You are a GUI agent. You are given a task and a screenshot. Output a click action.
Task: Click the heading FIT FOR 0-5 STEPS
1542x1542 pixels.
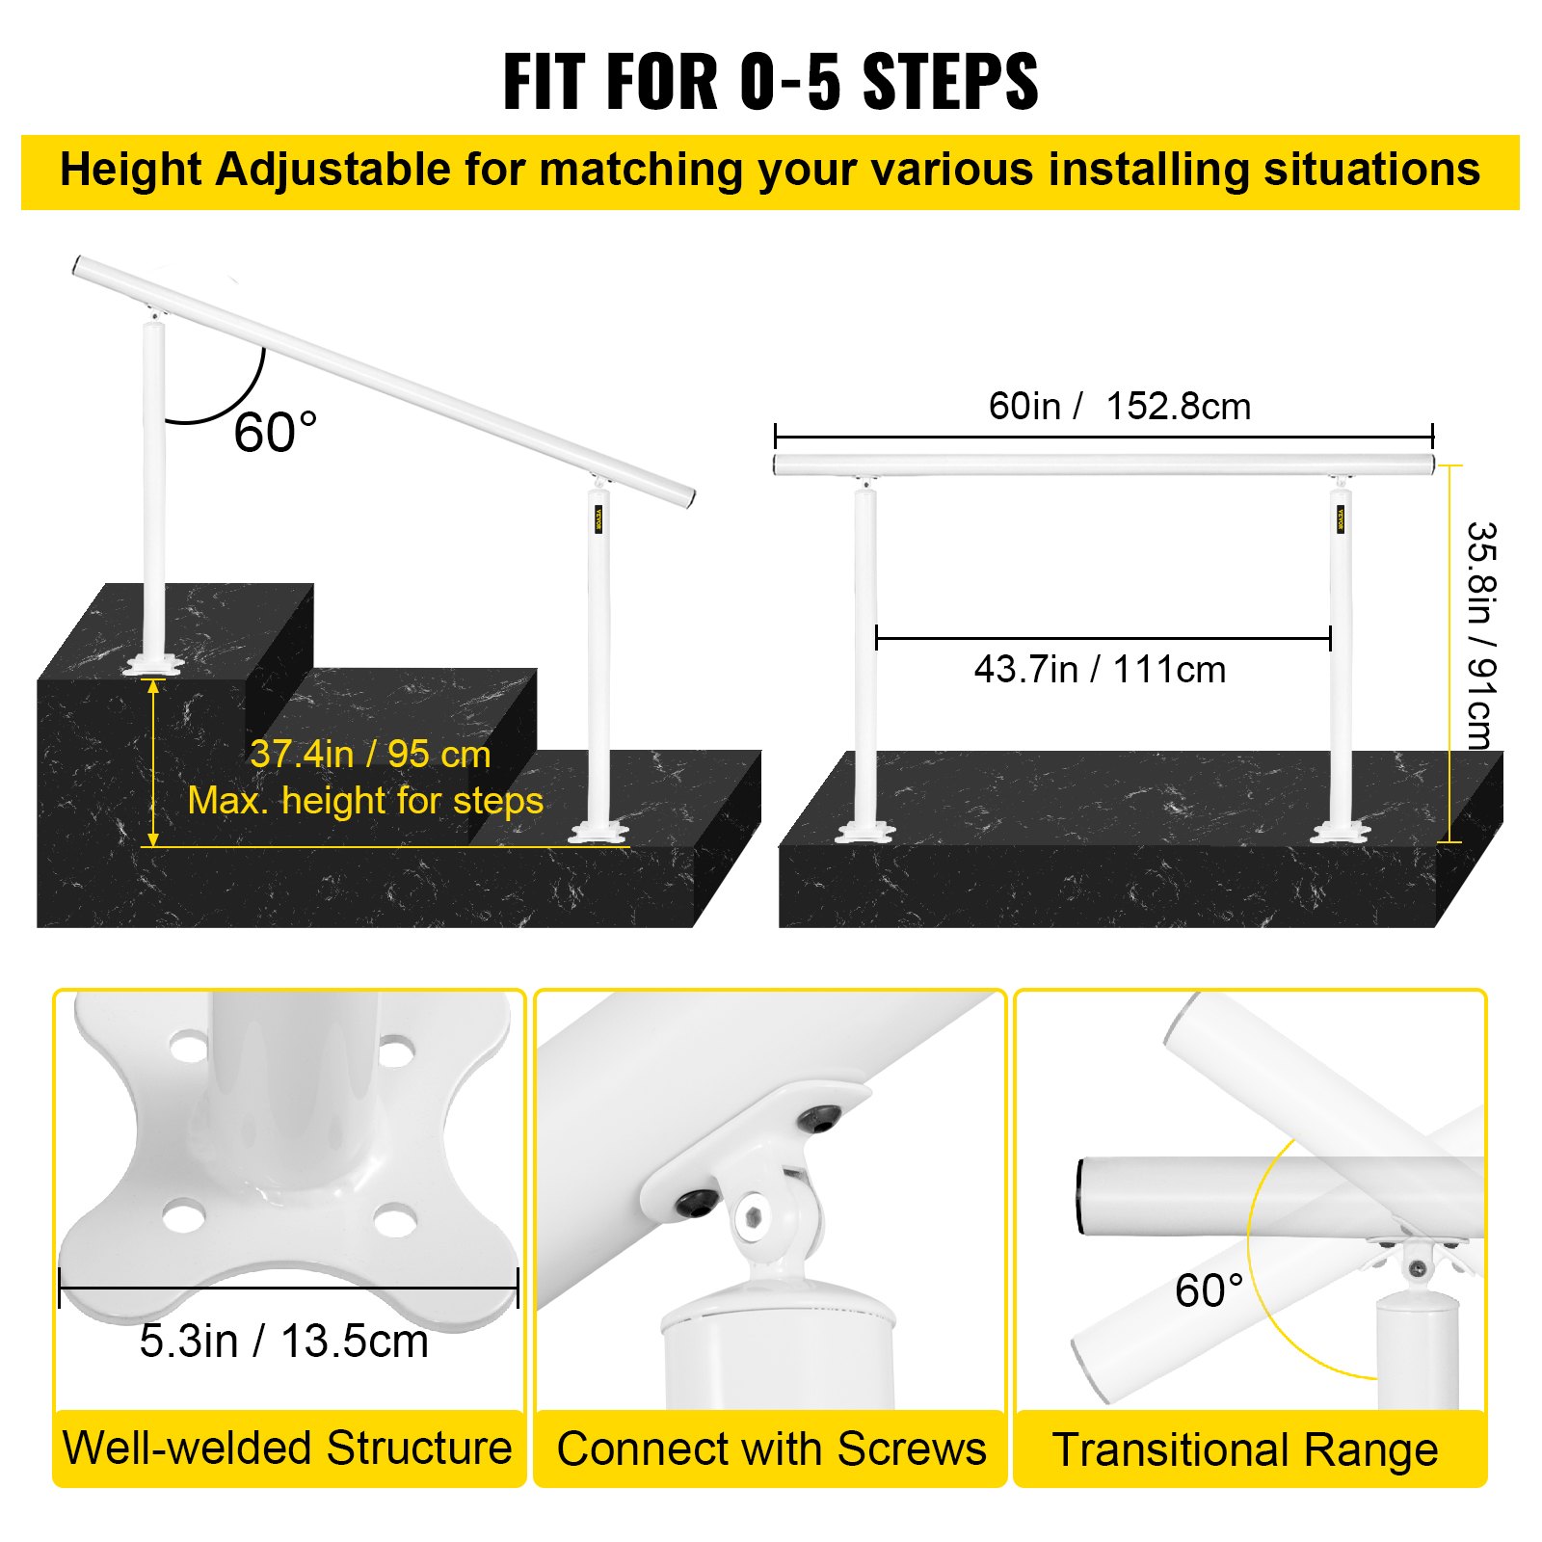770,82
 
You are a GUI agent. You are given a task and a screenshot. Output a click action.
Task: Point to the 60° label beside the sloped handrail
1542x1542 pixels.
275,432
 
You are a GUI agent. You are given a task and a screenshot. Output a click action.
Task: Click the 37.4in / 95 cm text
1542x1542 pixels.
370,754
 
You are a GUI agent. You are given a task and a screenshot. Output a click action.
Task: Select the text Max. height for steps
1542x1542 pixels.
365,801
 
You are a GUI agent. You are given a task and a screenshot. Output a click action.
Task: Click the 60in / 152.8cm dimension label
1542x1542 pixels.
1119,406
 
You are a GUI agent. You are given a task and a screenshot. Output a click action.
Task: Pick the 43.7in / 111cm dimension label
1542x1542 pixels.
1100,669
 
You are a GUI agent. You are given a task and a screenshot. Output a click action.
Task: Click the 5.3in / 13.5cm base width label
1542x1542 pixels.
283,1341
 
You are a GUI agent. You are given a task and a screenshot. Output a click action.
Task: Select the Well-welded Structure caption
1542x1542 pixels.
287,1448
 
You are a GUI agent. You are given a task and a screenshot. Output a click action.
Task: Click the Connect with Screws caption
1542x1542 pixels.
771,1449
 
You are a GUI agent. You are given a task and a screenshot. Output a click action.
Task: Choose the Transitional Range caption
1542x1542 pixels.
1245,1449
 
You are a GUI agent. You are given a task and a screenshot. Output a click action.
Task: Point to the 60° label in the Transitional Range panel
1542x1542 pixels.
1209,1289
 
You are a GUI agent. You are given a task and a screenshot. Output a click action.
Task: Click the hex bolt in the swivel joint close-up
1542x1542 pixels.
754,1217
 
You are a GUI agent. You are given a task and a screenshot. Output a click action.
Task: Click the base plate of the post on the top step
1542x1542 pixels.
152,665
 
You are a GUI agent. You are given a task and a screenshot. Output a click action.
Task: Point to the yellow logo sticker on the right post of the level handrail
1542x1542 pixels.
1341,518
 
